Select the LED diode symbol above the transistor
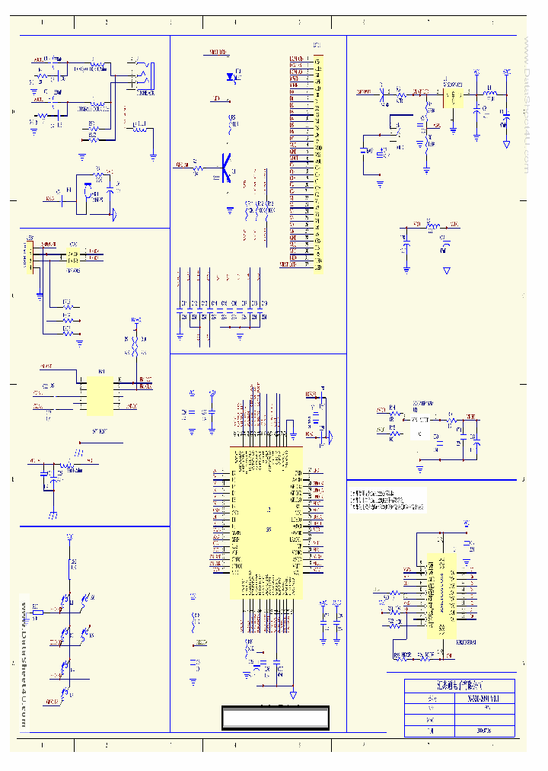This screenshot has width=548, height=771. (231, 77)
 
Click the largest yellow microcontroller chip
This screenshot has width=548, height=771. (266, 522)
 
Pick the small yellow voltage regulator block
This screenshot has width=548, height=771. (454, 98)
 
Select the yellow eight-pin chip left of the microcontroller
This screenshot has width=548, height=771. (100, 393)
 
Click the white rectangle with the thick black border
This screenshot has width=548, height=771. (276, 718)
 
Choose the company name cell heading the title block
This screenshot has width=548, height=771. (459, 686)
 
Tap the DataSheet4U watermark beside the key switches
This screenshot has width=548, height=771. (24, 663)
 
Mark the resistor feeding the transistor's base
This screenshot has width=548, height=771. (196, 165)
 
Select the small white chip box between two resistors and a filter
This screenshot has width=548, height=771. (419, 432)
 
